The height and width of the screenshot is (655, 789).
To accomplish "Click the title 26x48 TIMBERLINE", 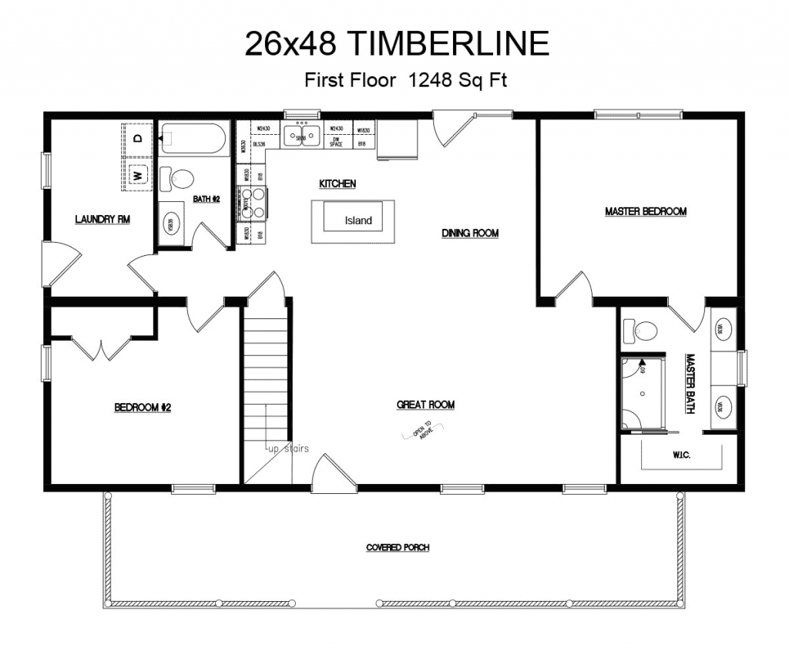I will (x=397, y=44).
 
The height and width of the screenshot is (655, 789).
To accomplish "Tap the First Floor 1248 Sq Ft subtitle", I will (x=405, y=80).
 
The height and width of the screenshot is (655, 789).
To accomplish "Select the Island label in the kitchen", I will (x=358, y=220).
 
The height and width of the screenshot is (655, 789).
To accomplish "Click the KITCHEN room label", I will (x=337, y=183).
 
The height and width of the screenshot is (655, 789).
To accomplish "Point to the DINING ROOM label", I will (x=470, y=233).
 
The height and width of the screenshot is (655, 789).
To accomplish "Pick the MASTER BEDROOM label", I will (x=645, y=211).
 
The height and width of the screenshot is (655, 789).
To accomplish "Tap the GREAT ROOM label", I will (x=425, y=405).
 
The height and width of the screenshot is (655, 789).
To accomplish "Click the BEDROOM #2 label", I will (x=143, y=407).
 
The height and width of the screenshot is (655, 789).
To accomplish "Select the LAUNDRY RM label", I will (x=102, y=220).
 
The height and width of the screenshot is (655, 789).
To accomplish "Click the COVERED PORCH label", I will (x=398, y=548).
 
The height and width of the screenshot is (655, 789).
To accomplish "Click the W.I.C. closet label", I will (x=681, y=455).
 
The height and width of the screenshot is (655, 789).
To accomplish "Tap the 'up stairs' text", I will (x=287, y=448).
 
